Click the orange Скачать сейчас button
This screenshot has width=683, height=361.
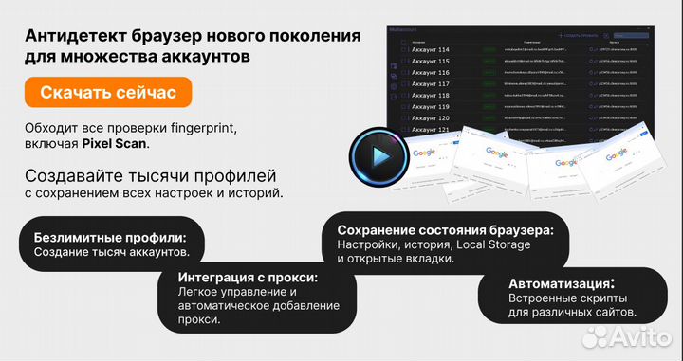108,93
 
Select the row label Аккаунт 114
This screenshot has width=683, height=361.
431,49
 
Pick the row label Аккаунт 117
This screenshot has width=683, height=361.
431,84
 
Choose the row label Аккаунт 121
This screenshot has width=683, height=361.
431,130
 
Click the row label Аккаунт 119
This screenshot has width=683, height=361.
431,107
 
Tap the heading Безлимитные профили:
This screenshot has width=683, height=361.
109,237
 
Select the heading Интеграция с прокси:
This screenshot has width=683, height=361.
248,278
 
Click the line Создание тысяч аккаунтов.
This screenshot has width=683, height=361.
111,253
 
